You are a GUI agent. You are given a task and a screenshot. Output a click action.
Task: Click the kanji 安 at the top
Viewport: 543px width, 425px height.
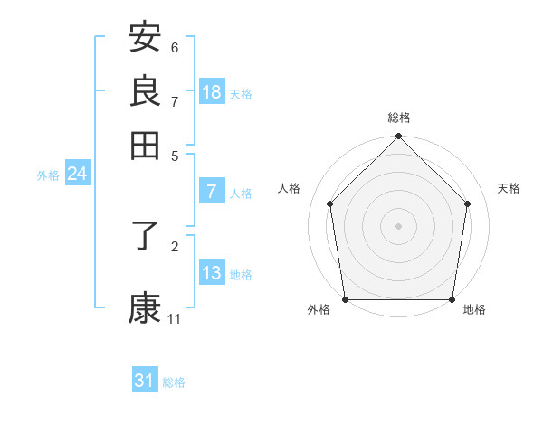pyautogui.click(x=145, y=38)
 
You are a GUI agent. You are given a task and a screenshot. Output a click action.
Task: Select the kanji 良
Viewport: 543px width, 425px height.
pyautogui.click(x=145, y=90)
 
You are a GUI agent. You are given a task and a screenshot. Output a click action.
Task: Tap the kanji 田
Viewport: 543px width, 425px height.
pyautogui.click(x=145, y=145)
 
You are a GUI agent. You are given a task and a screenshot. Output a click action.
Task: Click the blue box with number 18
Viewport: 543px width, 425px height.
pyautogui.click(x=212, y=92)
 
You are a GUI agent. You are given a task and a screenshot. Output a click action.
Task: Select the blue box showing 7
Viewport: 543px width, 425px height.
pyautogui.click(x=212, y=192)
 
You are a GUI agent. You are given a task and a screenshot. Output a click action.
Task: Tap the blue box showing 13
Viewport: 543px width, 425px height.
pyautogui.click(x=212, y=273)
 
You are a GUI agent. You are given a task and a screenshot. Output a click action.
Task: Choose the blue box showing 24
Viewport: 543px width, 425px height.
pyautogui.click(x=77, y=174)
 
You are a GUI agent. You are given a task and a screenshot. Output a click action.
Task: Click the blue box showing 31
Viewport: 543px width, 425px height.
pyautogui.click(x=144, y=382)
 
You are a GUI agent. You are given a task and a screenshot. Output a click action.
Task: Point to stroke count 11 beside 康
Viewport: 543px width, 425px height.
pyautogui.click(x=175, y=319)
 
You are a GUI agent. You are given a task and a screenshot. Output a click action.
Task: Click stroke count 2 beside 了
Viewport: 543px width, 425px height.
pyautogui.click(x=175, y=245)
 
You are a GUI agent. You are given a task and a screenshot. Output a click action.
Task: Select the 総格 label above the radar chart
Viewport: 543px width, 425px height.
pyautogui.click(x=399, y=118)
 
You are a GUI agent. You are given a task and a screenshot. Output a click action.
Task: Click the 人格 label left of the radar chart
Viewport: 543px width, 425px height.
pyautogui.click(x=290, y=188)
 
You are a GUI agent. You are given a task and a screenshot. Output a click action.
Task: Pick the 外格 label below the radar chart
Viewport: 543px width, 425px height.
pyautogui.click(x=319, y=310)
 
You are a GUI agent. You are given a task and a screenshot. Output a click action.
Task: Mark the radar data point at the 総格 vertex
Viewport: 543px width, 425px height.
pyautogui.click(x=399, y=137)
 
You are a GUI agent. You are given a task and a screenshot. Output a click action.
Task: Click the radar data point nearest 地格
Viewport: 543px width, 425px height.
pyautogui.click(x=452, y=299)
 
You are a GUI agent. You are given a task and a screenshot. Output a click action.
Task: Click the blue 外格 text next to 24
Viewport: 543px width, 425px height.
pyautogui.click(x=48, y=175)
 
